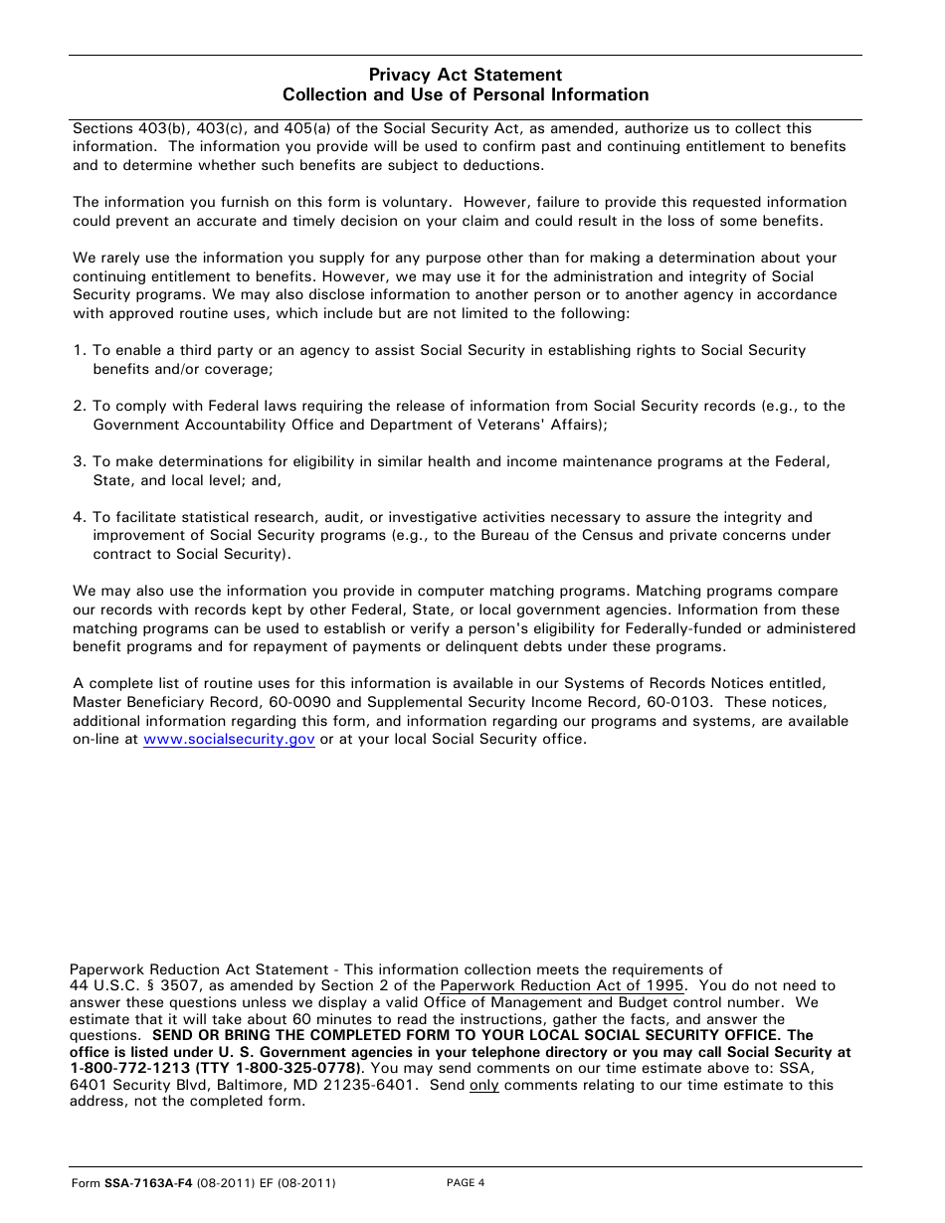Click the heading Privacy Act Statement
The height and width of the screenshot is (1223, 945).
pyautogui.click(x=466, y=75)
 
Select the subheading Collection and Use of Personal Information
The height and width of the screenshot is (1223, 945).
pyautogui.click(x=466, y=95)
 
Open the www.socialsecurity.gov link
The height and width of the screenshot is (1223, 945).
pyautogui.click(x=229, y=740)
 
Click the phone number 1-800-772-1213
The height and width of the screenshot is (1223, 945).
pyautogui.click(x=124, y=1069)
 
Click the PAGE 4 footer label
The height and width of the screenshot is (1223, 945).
pyautogui.click(x=466, y=1183)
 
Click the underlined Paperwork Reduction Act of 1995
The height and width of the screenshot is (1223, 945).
pyautogui.click(x=562, y=985)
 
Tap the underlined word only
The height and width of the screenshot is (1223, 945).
pyautogui.click(x=484, y=1086)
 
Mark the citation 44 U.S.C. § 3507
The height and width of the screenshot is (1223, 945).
pyautogui.click(x=128, y=985)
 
